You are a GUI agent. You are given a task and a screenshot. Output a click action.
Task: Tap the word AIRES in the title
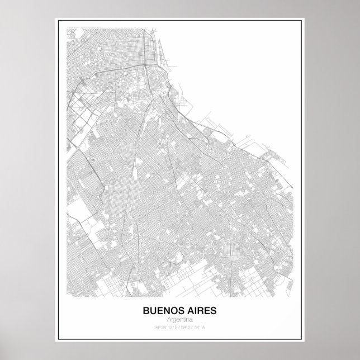202,310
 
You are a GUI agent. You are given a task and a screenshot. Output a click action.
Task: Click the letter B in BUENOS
148,310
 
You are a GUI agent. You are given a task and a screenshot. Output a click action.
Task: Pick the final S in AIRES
215,310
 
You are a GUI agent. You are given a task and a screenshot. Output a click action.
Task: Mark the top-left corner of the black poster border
56,19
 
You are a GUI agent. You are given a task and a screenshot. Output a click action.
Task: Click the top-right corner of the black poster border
304,19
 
